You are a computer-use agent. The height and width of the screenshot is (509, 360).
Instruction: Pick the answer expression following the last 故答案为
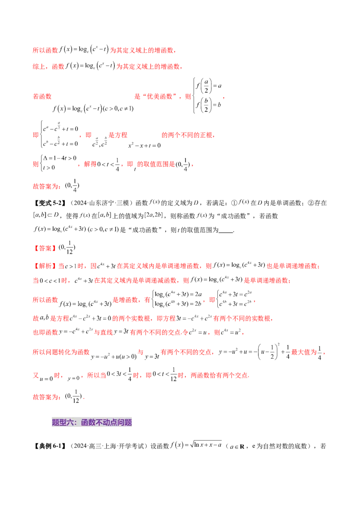(x=72, y=397)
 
